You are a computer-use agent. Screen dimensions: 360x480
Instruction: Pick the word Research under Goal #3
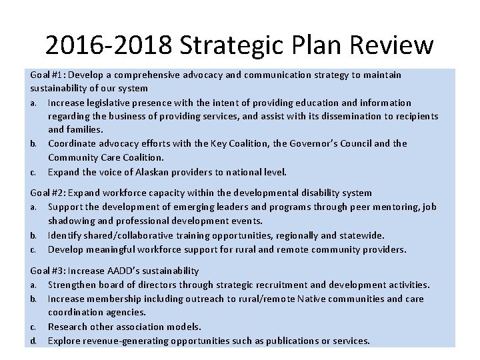click(69, 327)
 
